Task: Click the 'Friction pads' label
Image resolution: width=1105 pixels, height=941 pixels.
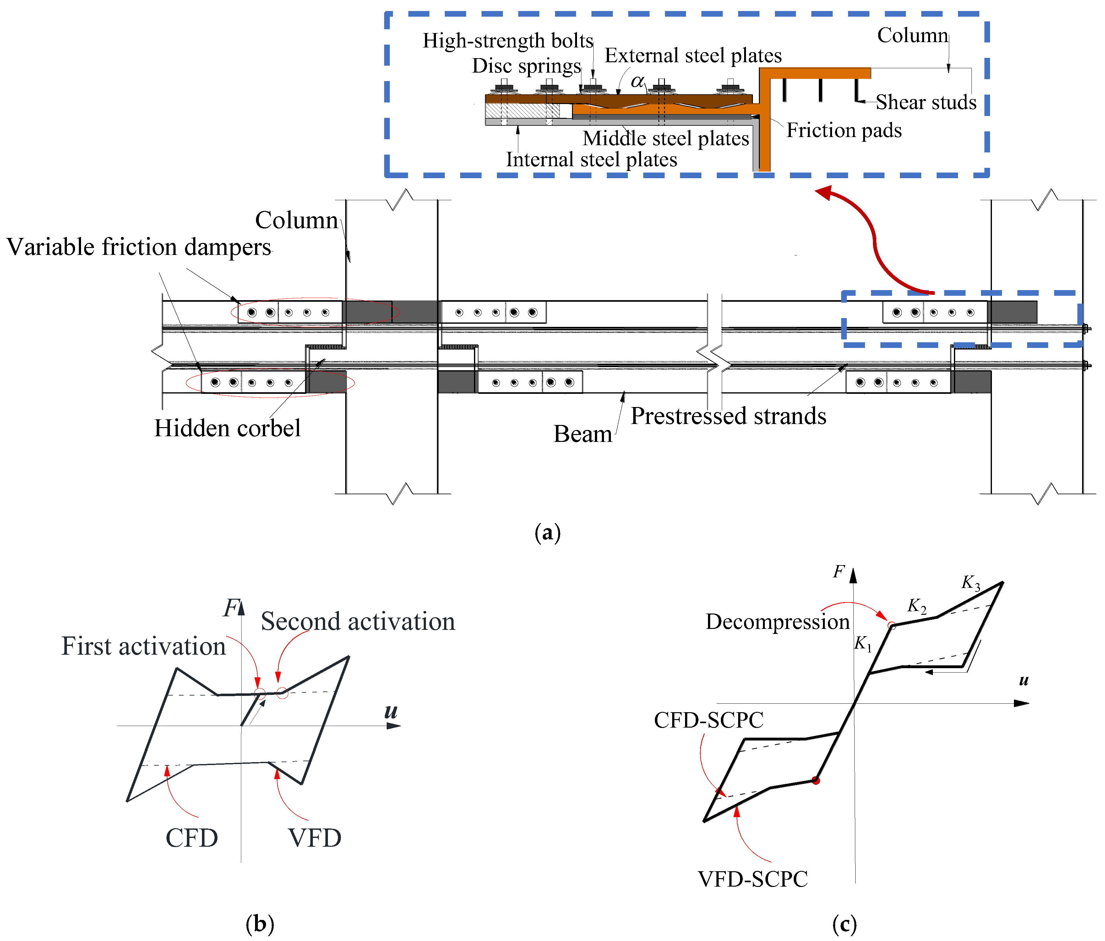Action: (843, 130)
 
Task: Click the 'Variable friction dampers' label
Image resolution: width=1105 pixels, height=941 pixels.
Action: (139, 247)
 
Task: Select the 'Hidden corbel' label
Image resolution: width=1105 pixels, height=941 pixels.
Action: (227, 428)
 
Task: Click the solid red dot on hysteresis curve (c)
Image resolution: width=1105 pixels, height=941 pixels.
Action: (815, 780)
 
